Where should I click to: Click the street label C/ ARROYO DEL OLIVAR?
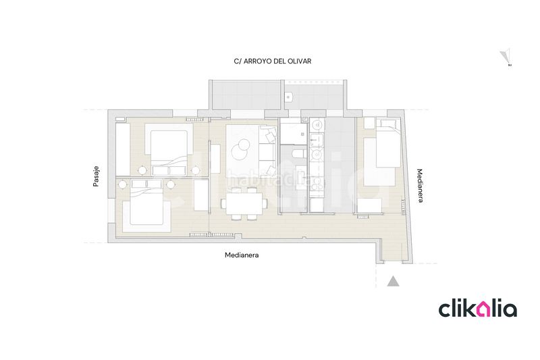click(x=273, y=61)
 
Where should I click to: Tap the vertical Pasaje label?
click(x=96, y=177)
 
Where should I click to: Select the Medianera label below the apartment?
click(x=242, y=255)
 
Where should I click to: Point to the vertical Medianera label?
click(x=420, y=186)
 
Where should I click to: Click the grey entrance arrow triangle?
click(x=393, y=282)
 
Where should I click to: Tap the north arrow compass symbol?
click(x=506, y=57)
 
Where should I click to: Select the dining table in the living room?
click(x=244, y=203)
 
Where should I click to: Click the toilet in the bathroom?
click(x=298, y=153)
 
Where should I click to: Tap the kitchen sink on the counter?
click(x=316, y=140)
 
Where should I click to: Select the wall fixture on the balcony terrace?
click(x=289, y=97)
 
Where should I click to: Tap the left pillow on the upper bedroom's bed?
click(x=160, y=170)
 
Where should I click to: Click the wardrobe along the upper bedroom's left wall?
click(x=123, y=149)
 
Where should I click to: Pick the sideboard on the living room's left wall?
click(x=215, y=159)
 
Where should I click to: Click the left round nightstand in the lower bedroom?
click(x=123, y=185)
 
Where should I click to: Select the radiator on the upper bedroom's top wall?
click(x=194, y=119)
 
